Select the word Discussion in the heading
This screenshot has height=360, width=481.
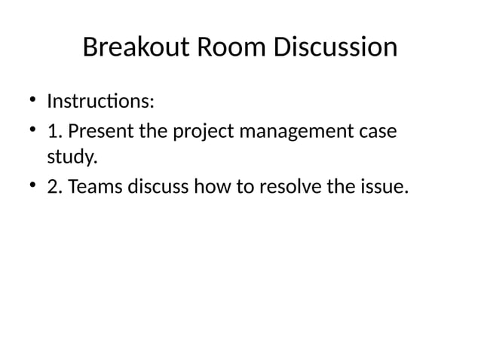click(x=335, y=47)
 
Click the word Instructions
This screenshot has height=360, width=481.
click(x=100, y=101)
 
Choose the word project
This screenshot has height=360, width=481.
click(x=205, y=133)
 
